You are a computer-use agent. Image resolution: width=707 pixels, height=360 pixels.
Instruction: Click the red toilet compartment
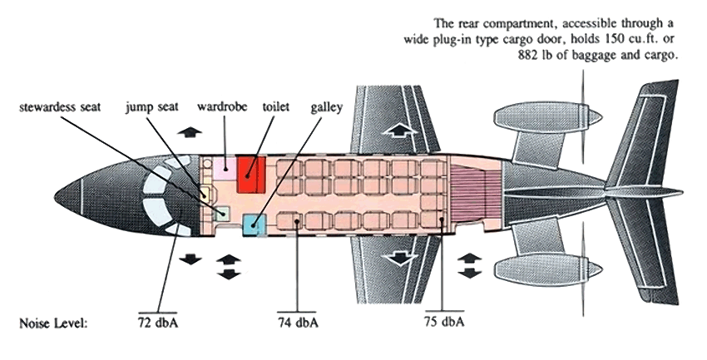[x=251, y=173]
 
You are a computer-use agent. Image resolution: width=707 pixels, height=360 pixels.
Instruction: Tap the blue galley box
[x=253, y=224]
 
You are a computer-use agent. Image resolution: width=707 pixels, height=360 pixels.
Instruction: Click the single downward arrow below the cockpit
[x=191, y=259]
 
